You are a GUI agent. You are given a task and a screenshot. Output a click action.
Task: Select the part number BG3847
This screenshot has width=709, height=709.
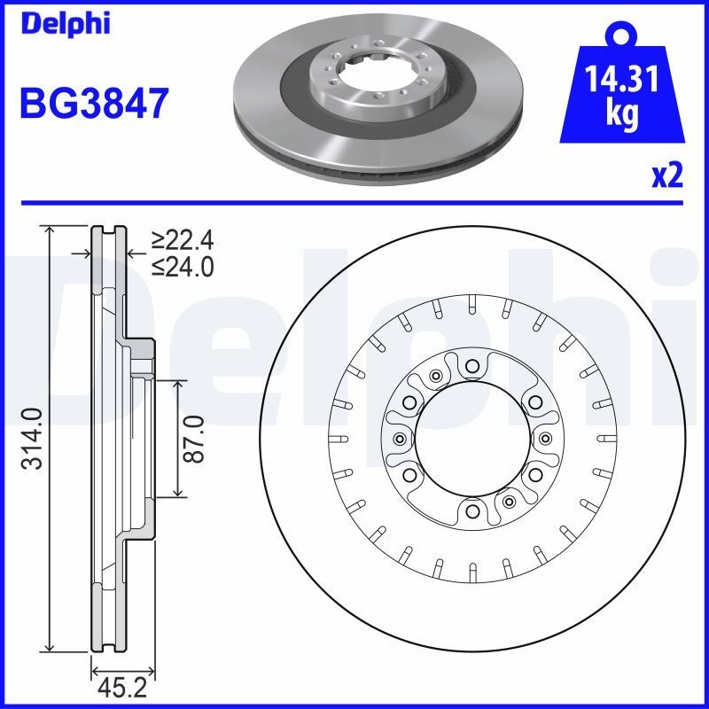pos(93,104)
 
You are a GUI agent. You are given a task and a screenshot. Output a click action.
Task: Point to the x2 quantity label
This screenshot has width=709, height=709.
pos(667,175)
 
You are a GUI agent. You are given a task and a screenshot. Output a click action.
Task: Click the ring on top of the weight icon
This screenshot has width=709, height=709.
pos(621,35)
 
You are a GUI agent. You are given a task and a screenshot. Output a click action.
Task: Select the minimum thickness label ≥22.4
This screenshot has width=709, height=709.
pos(183,240)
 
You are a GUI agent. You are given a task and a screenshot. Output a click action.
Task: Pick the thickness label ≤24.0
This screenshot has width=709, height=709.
pos(183,266)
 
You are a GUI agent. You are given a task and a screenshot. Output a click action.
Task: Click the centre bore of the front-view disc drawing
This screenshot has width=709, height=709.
pos(471,438)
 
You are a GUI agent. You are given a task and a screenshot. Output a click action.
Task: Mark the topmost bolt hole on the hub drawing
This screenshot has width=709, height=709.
pos(472,364)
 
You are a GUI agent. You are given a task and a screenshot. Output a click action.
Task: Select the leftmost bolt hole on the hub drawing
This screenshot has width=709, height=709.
pos(399,439)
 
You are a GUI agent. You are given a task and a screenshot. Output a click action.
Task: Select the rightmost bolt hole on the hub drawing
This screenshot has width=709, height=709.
pos(545,438)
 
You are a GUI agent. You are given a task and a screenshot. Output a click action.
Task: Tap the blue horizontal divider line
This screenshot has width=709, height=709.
pos(354,203)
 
